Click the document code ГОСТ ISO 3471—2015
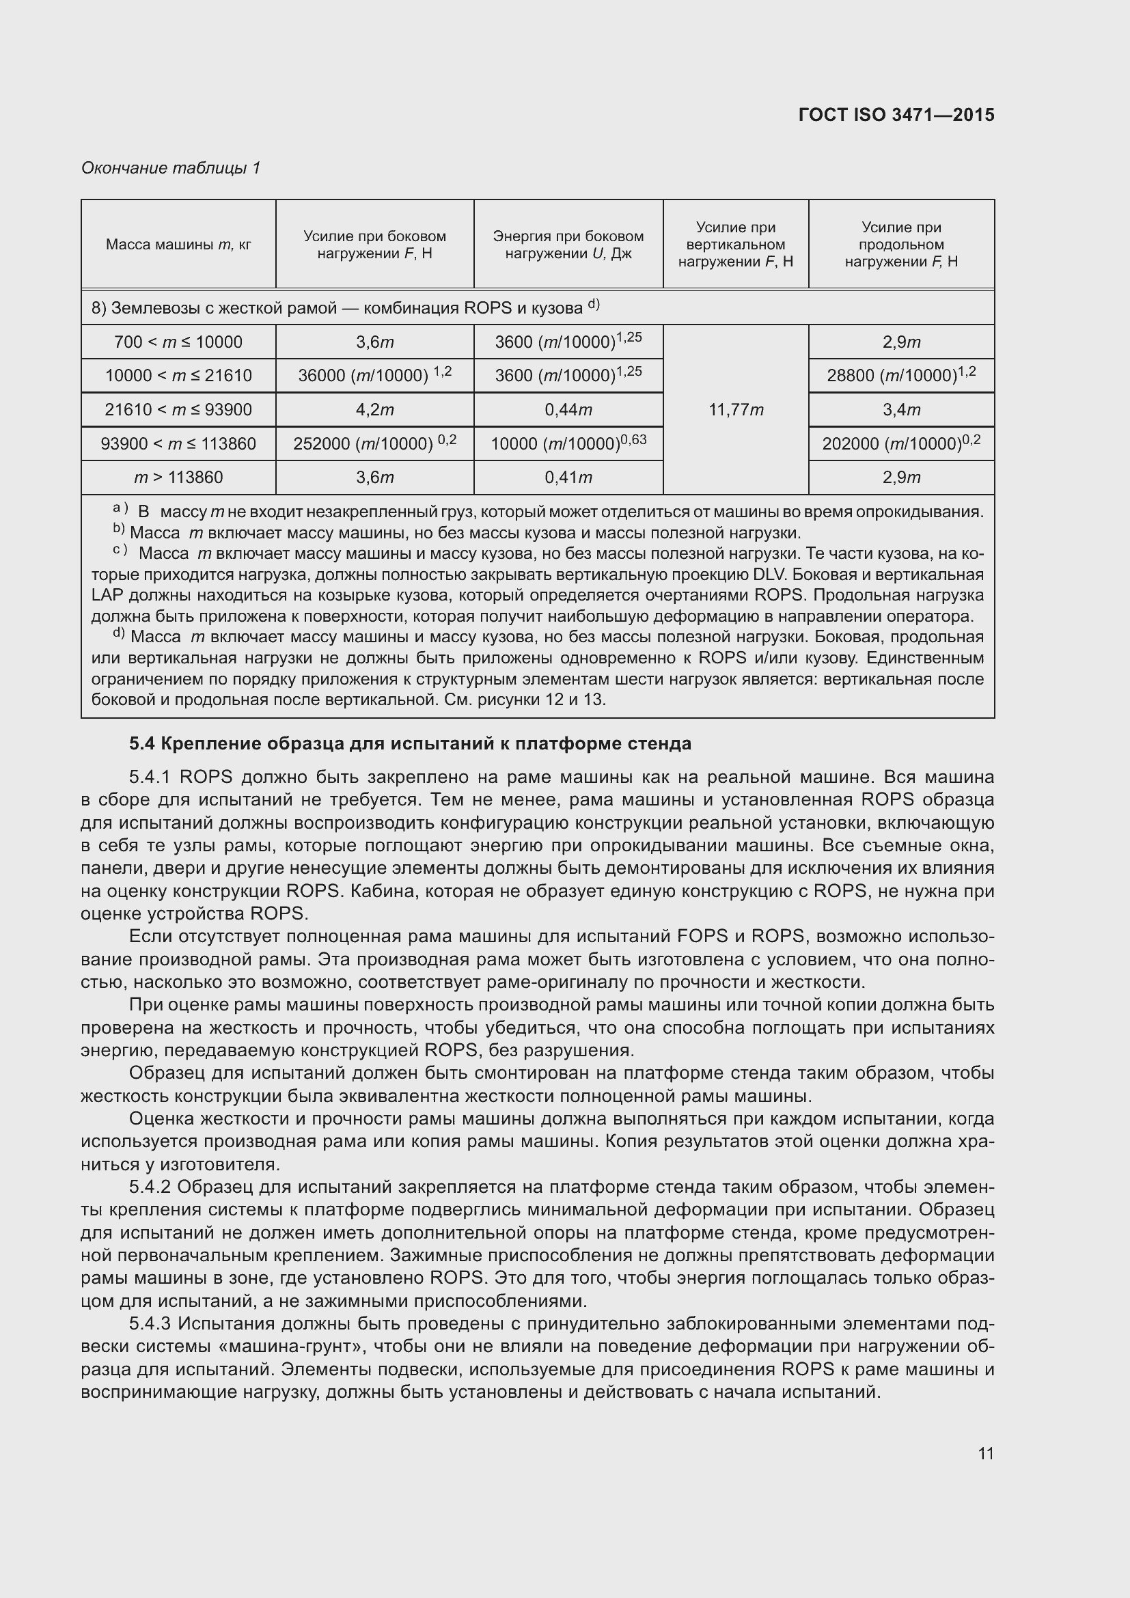click(896, 115)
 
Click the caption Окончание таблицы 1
click(171, 168)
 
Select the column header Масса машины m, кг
click(178, 245)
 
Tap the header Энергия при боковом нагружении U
click(568, 245)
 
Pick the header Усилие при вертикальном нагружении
click(736, 245)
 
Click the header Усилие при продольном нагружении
click(901, 245)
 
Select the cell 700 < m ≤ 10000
click(178, 342)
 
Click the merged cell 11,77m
click(736, 410)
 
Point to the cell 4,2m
click(374, 410)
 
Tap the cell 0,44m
click(568, 410)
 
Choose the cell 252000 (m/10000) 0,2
click(374, 443)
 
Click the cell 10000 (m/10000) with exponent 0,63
click(568, 443)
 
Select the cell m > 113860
click(178, 478)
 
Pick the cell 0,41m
click(568, 478)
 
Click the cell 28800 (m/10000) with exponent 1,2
click(901, 375)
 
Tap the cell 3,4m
click(901, 410)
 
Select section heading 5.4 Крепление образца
click(410, 744)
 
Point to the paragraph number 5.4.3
click(151, 1324)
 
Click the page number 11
click(985, 1453)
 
